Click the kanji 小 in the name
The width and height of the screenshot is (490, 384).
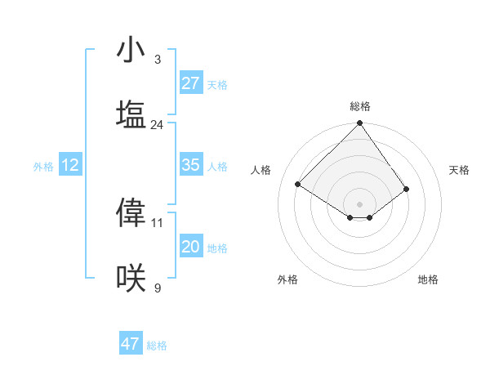131,51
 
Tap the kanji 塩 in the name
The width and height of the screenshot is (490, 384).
131,115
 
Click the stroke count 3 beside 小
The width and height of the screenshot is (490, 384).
157,60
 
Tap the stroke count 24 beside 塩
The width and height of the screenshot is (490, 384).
157,125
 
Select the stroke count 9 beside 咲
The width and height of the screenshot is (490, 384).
157,288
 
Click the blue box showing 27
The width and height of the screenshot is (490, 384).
190,83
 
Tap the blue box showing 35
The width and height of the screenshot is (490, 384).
190,165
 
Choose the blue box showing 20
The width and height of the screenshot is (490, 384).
190,247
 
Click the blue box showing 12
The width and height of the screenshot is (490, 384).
70,165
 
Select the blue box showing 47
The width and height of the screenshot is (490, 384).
131,344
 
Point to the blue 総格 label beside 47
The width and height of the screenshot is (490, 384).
157,346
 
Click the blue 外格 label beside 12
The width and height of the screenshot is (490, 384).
43,167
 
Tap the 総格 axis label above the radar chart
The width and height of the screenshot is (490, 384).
360,106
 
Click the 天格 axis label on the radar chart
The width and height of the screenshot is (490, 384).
459,170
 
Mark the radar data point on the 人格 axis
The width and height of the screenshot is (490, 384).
298,185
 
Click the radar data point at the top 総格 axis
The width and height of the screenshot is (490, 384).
360,124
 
